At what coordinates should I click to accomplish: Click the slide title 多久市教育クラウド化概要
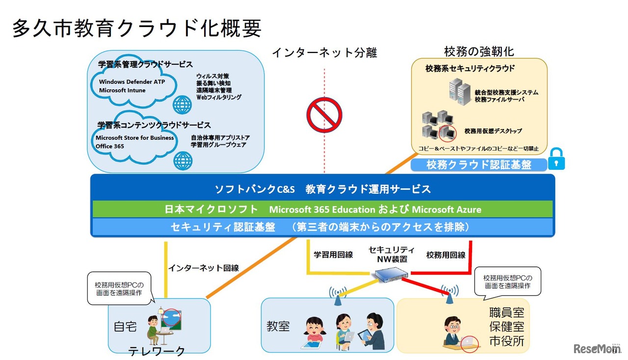tap(137, 28)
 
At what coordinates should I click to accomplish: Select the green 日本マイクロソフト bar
tap(322, 209)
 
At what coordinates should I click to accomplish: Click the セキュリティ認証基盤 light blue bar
tap(322, 227)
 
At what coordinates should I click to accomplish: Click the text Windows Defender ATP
tap(132, 82)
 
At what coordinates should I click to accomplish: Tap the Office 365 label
tap(110, 146)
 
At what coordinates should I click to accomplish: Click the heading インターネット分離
tap(324, 52)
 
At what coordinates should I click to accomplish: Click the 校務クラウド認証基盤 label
tap(478, 165)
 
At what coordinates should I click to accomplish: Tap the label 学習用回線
tap(333, 255)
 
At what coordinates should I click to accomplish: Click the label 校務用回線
tap(445, 255)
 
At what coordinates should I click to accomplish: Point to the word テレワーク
tap(157, 351)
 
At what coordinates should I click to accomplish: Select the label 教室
tap(278, 326)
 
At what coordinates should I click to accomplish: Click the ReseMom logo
tap(597, 349)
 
